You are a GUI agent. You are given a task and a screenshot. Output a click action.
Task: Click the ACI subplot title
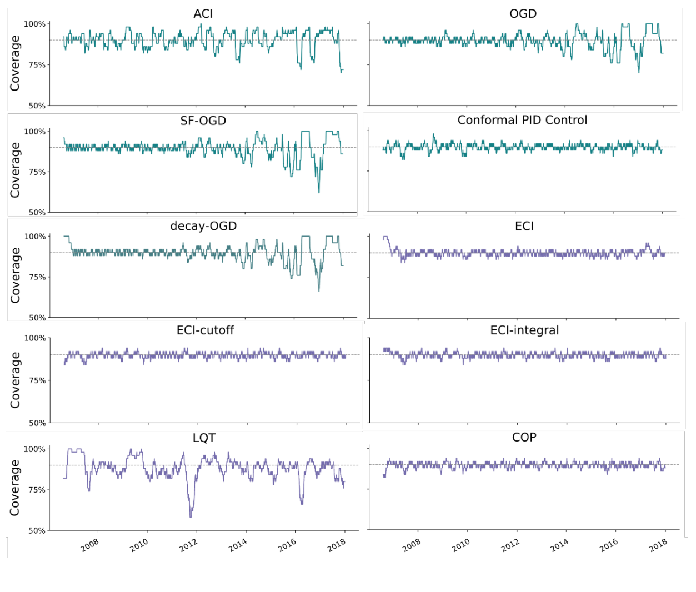tap(203, 14)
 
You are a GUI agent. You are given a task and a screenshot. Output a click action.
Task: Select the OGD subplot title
tap(523, 14)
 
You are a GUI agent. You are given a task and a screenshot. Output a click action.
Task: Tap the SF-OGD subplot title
tap(203, 121)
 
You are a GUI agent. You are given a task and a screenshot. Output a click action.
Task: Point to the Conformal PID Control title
tap(522, 120)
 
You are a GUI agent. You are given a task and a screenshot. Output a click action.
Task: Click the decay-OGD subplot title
tap(203, 226)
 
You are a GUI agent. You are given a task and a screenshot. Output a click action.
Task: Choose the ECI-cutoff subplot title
tap(205, 330)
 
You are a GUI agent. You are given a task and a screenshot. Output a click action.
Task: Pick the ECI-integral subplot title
tap(524, 330)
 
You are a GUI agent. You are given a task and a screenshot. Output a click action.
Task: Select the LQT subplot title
tap(204, 438)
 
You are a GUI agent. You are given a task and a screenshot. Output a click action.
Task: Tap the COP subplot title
tap(524, 438)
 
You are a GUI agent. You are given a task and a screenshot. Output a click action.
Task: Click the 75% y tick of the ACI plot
tap(37, 65)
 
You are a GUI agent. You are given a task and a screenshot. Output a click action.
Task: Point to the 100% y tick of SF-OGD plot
tap(34, 132)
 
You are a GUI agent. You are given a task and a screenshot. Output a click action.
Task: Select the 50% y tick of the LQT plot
tap(37, 530)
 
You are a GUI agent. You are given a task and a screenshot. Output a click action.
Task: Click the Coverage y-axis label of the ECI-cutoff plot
tap(15, 380)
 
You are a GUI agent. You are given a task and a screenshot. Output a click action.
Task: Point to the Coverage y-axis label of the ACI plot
tap(15, 63)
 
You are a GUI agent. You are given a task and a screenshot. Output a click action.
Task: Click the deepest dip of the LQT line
tap(191, 517)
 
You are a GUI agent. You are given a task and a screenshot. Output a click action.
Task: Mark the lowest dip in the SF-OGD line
tap(319, 192)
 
